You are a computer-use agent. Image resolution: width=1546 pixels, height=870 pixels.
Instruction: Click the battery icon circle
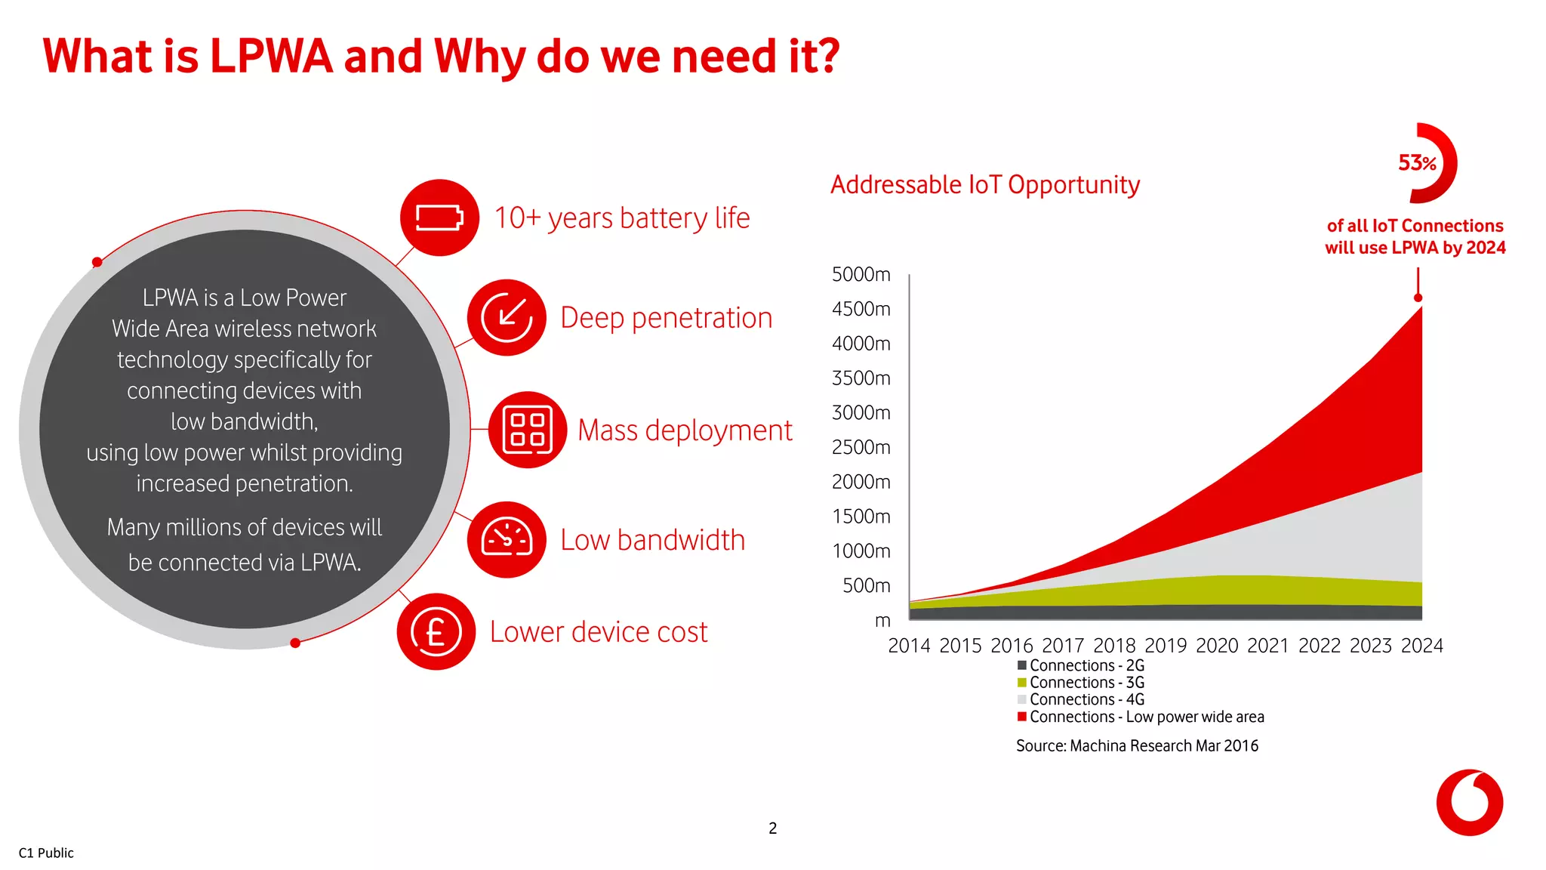439,217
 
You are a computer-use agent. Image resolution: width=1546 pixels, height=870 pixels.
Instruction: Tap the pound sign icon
436,631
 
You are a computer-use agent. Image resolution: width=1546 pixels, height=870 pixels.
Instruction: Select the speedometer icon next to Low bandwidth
507,539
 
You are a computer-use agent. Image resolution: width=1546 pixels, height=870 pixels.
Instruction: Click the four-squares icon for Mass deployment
528,430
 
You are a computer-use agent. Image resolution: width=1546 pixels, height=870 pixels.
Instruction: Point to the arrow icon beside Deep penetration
507,317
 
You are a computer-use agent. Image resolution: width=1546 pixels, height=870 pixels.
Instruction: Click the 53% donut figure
1423,163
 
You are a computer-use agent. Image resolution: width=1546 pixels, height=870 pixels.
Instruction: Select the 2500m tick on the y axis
861,447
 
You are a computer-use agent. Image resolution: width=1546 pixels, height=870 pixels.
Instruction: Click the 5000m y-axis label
861,274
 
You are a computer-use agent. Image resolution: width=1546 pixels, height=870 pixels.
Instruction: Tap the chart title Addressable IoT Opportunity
984,185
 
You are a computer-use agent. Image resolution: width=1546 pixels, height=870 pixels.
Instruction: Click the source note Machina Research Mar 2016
1137,746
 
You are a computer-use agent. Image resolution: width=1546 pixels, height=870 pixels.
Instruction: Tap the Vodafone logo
1469,803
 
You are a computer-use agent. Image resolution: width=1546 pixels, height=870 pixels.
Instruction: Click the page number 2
772,828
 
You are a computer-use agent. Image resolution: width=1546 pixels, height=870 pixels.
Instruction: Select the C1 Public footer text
46,853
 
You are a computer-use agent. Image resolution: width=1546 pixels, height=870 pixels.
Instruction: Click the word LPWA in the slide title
271,57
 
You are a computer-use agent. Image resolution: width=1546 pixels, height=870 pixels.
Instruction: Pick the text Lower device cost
599,632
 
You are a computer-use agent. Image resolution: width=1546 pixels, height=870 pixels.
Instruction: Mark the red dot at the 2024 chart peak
1418,298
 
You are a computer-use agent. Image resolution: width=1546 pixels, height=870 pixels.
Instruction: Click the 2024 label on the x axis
1421,646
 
